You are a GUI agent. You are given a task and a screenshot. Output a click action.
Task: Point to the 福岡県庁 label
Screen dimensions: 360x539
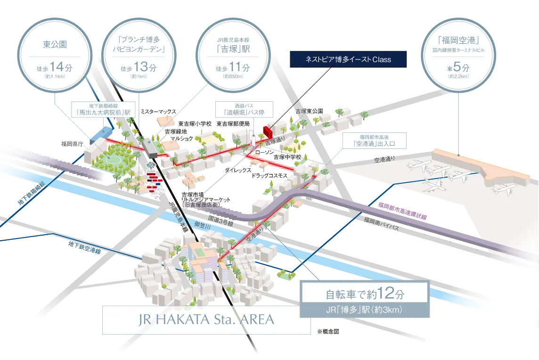coord(72,143)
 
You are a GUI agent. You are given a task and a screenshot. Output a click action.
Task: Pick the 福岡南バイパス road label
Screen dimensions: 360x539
coord(382,223)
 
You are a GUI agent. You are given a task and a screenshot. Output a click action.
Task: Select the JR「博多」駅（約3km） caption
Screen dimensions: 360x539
coord(363,311)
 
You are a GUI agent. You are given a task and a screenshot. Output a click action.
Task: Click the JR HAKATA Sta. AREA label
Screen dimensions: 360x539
coord(207,320)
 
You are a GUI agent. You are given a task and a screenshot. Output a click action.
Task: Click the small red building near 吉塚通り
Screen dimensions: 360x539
coord(267,130)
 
